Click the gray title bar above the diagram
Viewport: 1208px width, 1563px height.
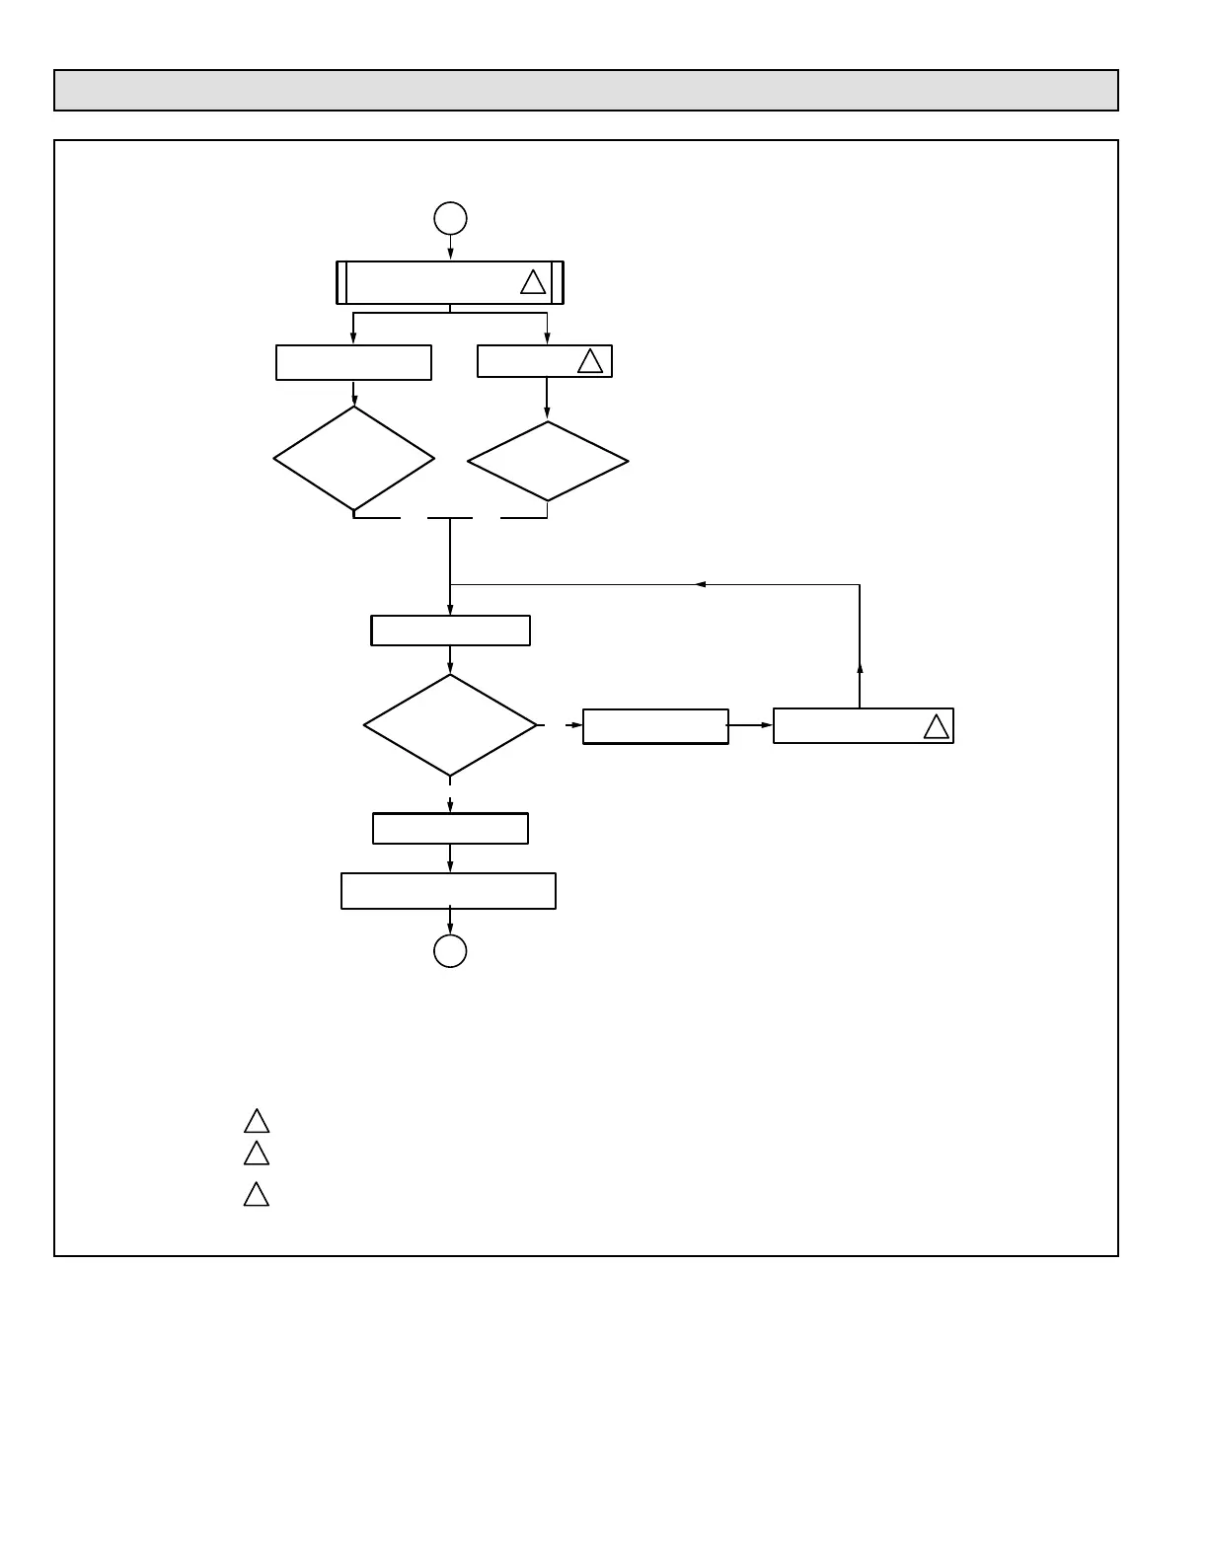click(x=585, y=91)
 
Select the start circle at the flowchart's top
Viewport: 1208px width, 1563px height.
click(x=450, y=218)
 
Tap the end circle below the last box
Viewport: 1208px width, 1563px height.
click(x=450, y=951)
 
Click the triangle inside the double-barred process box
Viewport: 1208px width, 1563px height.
click(x=533, y=283)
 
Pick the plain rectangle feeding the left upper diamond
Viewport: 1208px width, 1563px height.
click(x=353, y=362)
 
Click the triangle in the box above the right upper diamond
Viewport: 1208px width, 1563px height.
click(x=590, y=362)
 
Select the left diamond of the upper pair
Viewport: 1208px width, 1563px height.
click(x=353, y=459)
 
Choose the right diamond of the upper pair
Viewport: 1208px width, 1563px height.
click(x=548, y=461)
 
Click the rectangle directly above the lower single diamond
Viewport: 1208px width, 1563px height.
click(x=450, y=631)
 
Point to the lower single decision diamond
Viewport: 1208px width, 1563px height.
click(x=450, y=725)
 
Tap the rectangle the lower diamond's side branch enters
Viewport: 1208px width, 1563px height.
click(x=655, y=726)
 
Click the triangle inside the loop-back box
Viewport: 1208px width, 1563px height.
click(x=936, y=727)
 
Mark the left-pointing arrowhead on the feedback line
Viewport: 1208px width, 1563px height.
click(x=701, y=585)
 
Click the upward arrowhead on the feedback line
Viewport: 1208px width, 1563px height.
click(x=860, y=668)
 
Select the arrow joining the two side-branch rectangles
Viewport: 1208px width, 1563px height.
click(x=751, y=725)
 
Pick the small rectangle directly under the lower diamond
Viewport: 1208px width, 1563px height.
click(x=450, y=829)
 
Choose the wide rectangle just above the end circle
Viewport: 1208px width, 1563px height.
click(x=448, y=891)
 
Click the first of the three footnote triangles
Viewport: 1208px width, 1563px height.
click(x=257, y=1122)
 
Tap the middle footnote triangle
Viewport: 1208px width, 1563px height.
click(x=257, y=1154)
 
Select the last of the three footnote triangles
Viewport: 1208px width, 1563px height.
click(x=257, y=1195)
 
